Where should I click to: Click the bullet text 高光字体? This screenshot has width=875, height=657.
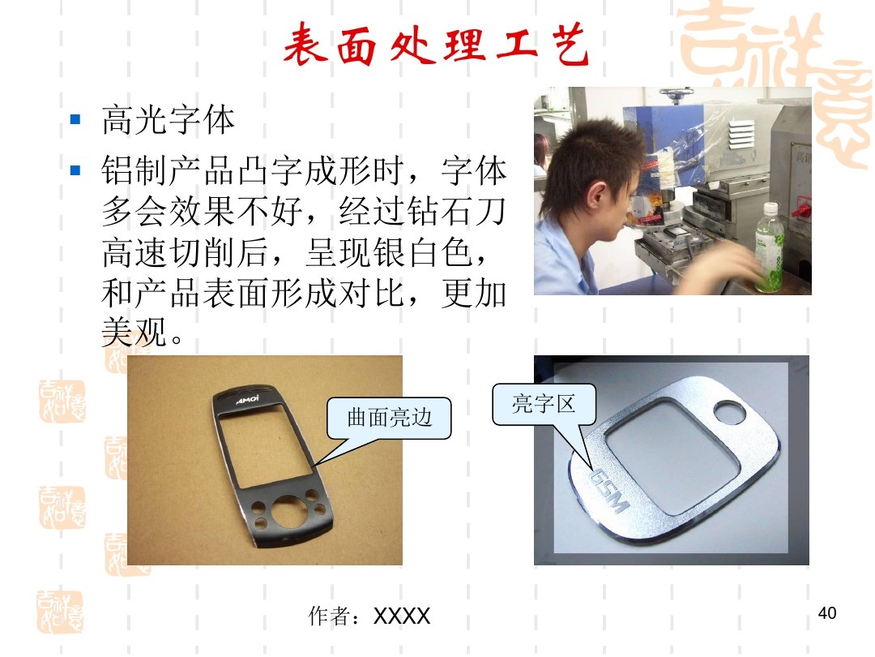tap(169, 122)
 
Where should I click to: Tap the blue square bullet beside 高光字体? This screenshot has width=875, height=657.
tap(76, 120)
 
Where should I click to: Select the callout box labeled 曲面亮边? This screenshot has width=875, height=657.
tap(389, 418)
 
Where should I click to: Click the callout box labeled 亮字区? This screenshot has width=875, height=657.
tap(544, 403)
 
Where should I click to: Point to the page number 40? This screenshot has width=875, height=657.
tap(826, 613)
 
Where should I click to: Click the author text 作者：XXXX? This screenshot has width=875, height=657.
tap(369, 616)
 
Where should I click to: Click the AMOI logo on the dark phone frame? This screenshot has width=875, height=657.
tap(248, 400)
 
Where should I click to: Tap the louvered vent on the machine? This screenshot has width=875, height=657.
tap(745, 131)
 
